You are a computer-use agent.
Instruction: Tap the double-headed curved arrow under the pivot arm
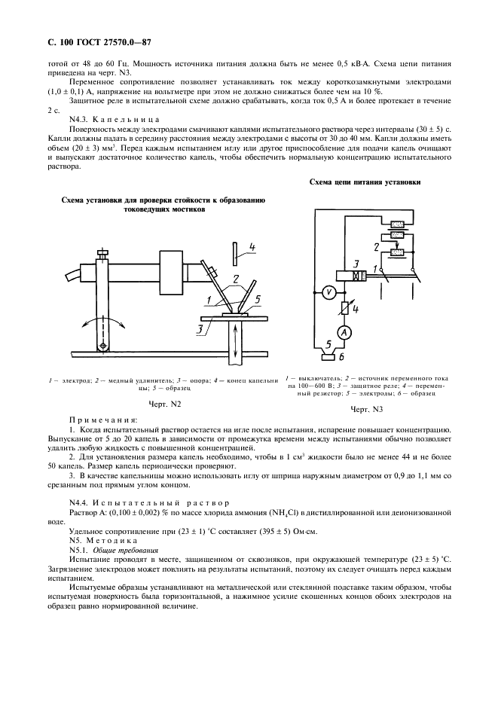click(102, 321)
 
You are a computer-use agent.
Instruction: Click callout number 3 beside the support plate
click(199, 328)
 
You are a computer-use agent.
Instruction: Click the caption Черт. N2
click(165, 404)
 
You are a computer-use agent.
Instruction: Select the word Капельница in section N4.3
click(128, 120)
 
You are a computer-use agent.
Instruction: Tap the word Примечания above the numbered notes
click(102, 419)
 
